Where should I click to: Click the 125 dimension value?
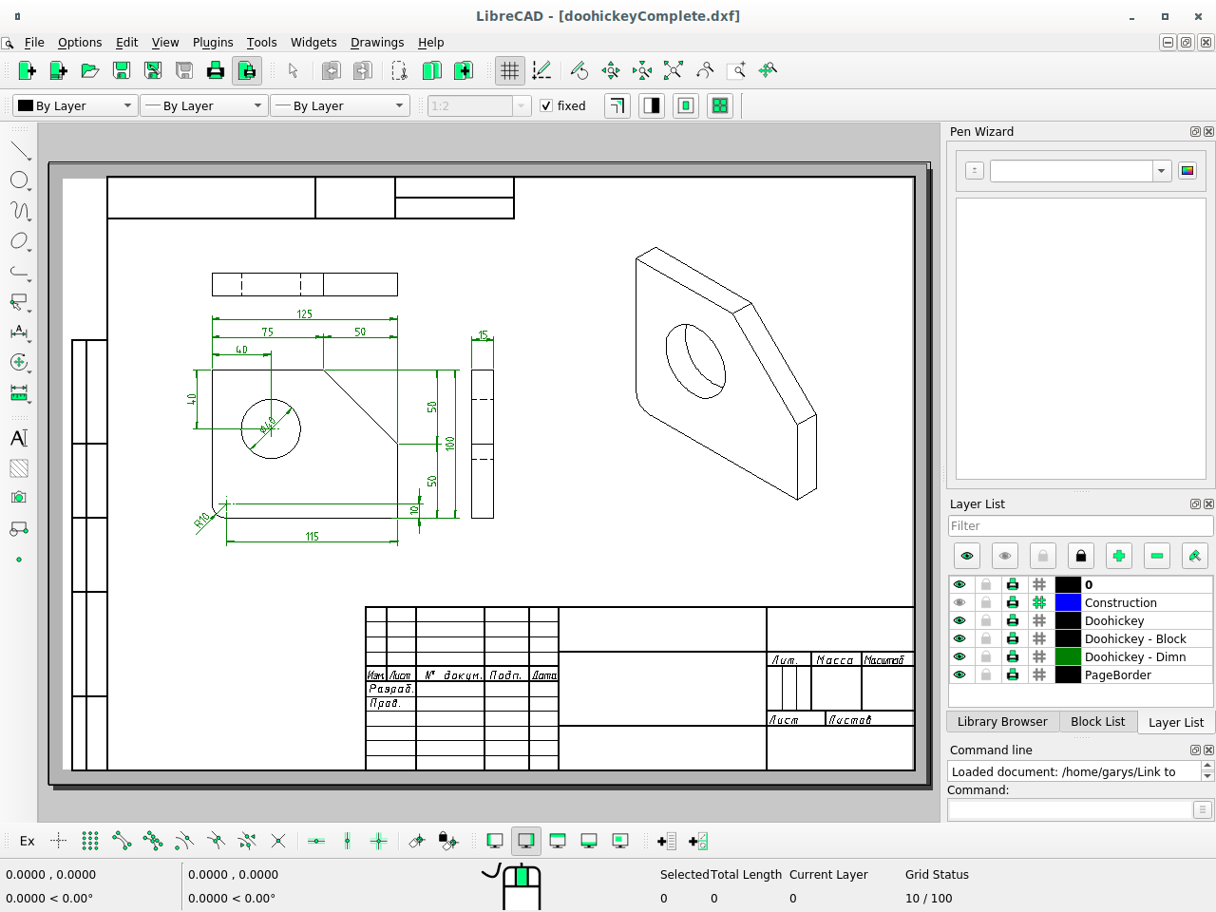point(304,314)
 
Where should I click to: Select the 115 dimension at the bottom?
point(312,537)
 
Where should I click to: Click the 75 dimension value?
point(267,332)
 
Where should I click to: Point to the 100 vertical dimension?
point(450,443)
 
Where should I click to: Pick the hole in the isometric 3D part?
point(695,361)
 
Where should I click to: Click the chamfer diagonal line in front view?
point(361,407)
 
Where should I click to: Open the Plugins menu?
point(213,43)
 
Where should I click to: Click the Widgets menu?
point(313,43)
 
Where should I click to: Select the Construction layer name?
point(1120,603)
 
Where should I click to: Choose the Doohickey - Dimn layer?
point(1134,657)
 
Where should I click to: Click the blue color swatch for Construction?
point(1068,603)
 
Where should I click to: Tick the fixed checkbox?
point(546,106)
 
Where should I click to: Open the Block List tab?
point(1097,722)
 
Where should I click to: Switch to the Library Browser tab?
point(1001,722)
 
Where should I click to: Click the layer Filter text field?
point(1079,526)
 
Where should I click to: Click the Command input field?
point(1069,810)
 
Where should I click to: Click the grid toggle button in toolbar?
point(510,71)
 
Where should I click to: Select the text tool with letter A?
point(18,438)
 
